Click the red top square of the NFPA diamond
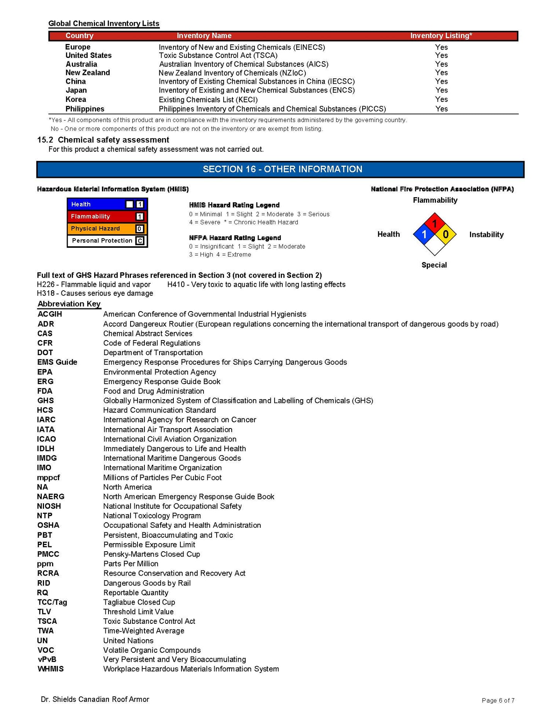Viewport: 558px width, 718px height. coord(435,223)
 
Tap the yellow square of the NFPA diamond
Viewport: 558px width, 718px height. coord(446,234)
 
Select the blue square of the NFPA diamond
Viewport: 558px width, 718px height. coord(424,234)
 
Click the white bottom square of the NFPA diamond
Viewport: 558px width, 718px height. coord(435,246)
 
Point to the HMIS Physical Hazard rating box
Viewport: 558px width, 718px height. coord(139,229)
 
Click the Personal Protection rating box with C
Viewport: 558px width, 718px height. coord(140,240)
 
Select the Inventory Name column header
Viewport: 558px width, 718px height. coord(204,36)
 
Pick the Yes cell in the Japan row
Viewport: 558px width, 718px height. coord(441,90)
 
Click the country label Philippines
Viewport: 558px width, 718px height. coord(85,109)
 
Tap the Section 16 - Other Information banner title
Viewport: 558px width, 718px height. coord(282,169)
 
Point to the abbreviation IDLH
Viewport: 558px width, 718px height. coord(46,449)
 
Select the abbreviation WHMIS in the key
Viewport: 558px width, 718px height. coord(51,669)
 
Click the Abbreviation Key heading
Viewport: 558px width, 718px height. coord(69,304)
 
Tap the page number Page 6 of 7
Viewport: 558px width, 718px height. coord(498,700)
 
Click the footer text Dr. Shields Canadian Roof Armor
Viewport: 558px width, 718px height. coord(95,699)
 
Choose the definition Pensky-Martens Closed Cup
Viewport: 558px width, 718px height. coord(151,554)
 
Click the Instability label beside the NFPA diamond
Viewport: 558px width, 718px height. coord(486,235)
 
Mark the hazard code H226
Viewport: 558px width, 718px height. coord(46,284)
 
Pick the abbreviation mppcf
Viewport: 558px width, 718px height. coord(49,478)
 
